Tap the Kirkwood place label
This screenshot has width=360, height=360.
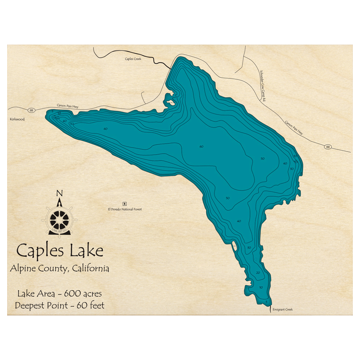[17, 119]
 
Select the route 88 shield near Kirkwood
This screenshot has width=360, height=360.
[31, 110]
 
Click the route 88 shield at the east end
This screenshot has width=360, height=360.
[327, 147]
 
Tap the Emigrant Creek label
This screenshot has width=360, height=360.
[283, 310]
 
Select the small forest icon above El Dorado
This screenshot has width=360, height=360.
[125, 203]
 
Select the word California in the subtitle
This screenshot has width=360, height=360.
[90, 269]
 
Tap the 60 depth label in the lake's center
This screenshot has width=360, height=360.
[201, 147]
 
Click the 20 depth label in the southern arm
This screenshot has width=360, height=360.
[258, 273]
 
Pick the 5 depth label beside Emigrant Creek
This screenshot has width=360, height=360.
[266, 301]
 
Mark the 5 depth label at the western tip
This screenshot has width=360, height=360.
[52, 112]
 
